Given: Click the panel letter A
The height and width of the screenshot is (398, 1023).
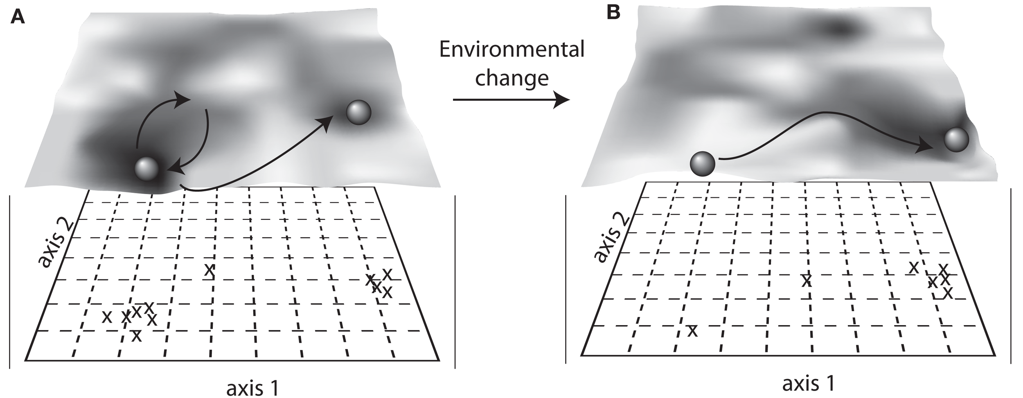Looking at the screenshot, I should pos(18,17).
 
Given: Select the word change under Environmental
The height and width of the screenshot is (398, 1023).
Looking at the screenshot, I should pos(511,78).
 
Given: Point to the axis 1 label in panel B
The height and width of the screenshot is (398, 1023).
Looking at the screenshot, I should pos(809,383).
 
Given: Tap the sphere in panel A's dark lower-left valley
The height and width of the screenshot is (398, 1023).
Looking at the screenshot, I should pos(146,168).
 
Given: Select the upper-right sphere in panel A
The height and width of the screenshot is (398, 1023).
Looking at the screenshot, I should pos(358,112).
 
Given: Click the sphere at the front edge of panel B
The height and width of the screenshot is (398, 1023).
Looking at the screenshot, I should pos(702,164).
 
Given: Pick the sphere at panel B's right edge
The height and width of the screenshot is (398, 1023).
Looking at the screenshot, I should pos(956,140).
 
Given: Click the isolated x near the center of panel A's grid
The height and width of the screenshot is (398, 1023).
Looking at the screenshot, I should pos(209,269).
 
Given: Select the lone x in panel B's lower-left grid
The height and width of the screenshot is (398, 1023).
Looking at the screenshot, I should pos(692,330).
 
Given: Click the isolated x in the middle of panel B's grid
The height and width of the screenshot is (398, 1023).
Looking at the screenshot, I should pos(806,280).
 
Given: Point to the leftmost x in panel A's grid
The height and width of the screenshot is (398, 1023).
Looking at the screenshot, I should pos(107,317).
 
